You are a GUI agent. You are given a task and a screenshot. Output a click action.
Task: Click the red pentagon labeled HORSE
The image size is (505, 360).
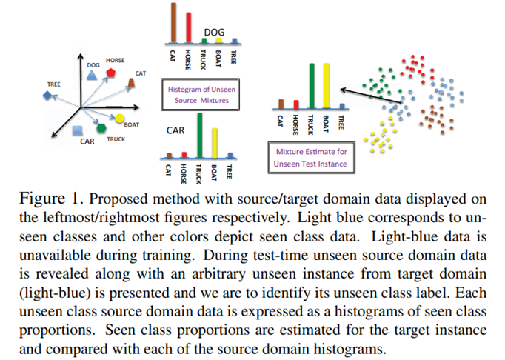[x=110, y=73]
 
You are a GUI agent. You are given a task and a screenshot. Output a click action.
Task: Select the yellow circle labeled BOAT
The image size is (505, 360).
[x=118, y=119]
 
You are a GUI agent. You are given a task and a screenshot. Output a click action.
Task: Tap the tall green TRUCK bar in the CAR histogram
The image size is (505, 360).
[x=200, y=136]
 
